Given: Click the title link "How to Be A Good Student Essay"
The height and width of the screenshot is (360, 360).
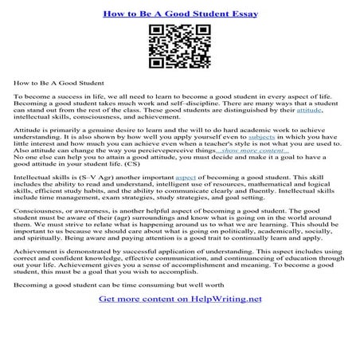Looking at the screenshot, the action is click(x=179, y=14).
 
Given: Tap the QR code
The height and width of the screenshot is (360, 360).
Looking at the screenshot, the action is click(x=179, y=49).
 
